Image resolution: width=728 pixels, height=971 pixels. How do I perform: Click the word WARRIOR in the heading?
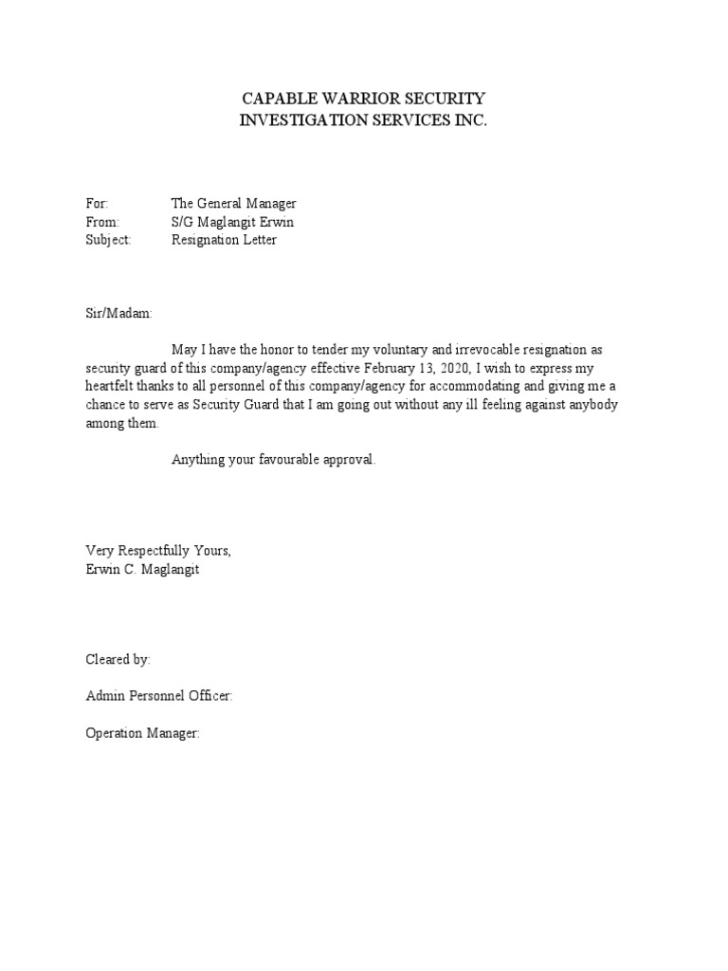(x=358, y=99)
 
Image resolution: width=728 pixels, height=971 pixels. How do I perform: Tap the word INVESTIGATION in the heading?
(x=303, y=120)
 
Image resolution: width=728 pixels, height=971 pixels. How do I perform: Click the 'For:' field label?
(x=98, y=204)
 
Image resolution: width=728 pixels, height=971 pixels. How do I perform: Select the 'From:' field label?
(x=102, y=222)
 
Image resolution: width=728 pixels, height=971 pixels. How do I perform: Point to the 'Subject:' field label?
(x=108, y=240)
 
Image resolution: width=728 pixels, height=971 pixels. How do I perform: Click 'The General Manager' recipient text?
(x=234, y=204)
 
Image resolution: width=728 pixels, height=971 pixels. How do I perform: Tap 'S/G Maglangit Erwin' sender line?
(x=232, y=222)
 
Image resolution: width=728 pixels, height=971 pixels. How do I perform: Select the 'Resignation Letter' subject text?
(x=224, y=240)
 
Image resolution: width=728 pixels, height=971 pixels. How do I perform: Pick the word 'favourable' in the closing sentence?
(x=281, y=460)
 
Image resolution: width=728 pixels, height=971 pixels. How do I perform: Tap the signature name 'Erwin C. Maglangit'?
(x=143, y=569)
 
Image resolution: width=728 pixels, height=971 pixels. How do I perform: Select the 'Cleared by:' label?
(x=118, y=660)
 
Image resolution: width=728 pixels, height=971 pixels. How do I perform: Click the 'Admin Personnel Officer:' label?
(x=158, y=697)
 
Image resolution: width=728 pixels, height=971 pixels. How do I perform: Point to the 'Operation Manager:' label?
(x=142, y=733)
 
